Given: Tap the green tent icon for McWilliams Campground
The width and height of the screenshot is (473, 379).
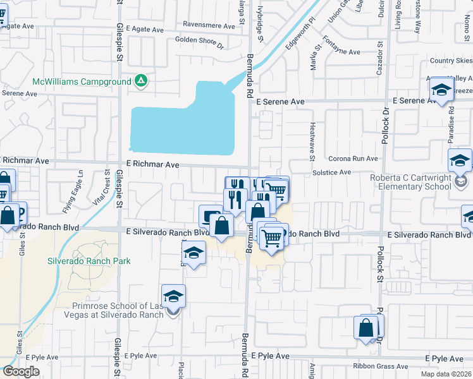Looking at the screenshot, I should point(141,81).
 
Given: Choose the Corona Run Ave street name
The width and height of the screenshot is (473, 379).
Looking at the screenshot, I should point(353,159).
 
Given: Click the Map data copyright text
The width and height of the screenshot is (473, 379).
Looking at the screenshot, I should point(446,374).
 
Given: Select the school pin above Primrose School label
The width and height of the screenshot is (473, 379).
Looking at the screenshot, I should point(173,297).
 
